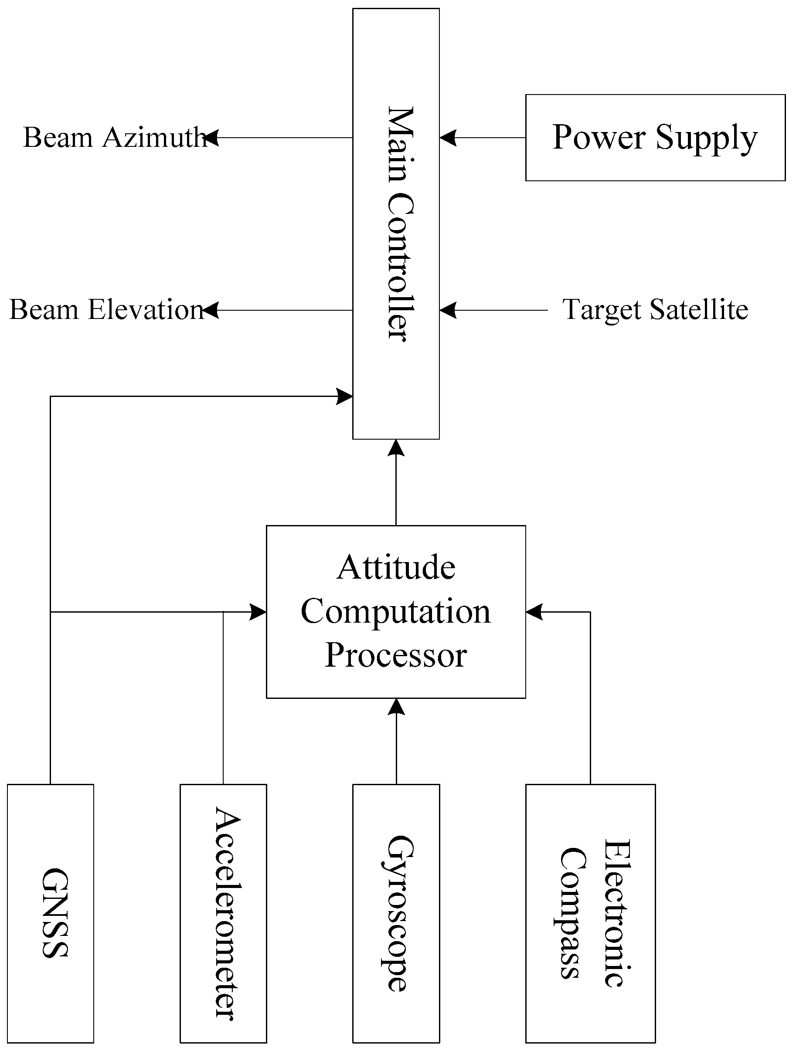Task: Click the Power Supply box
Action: (655, 138)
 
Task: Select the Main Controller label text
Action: (399, 224)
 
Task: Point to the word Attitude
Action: (396, 568)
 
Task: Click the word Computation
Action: (396, 612)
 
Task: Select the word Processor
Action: (396, 656)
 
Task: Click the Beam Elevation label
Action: (107, 310)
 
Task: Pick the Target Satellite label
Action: (655, 310)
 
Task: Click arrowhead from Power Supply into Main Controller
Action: (448, 138)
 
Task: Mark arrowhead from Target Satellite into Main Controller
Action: (448, 310)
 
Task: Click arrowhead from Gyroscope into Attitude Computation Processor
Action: (396, 707)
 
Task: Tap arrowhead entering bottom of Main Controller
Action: (396, 448)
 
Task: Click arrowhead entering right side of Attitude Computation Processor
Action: (534, 612)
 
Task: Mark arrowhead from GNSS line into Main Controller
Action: (344, 396)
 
